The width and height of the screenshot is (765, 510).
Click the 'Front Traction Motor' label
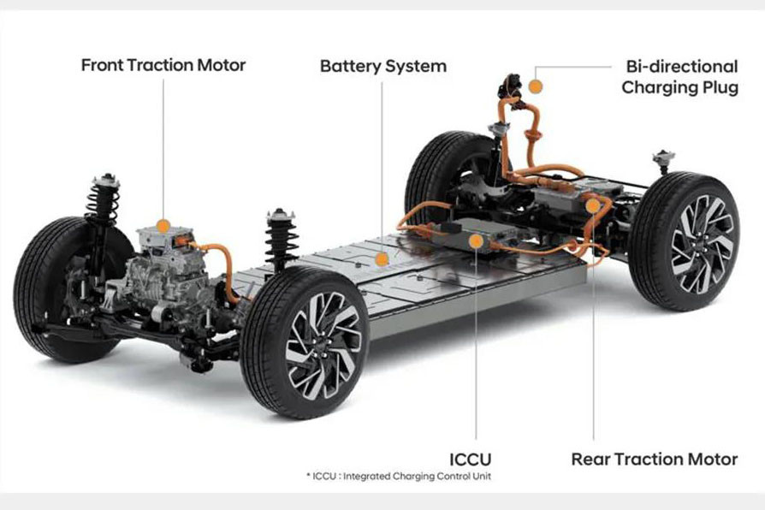(163, 65)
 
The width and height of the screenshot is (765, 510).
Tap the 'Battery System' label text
(383, 67)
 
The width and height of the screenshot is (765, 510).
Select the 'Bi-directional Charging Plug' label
(679, 77)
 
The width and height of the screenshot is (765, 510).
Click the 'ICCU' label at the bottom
(470, 460)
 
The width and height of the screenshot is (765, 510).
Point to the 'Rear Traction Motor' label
(655, 460)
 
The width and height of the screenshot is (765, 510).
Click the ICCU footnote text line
(399, 476)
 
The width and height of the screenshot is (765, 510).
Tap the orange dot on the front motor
(163, 226)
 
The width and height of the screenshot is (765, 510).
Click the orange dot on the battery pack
(382, 258)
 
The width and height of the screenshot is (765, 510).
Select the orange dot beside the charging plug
(536, 87)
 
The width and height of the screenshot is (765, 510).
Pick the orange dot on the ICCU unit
(476, 241)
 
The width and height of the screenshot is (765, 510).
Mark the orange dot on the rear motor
(593, 205)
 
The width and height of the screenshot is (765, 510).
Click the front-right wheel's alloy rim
(323, 345)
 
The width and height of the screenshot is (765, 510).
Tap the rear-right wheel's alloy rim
(702, 244)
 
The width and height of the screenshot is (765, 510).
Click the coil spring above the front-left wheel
(103, 201)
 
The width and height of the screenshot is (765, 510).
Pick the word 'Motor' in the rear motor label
(713, 460)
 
